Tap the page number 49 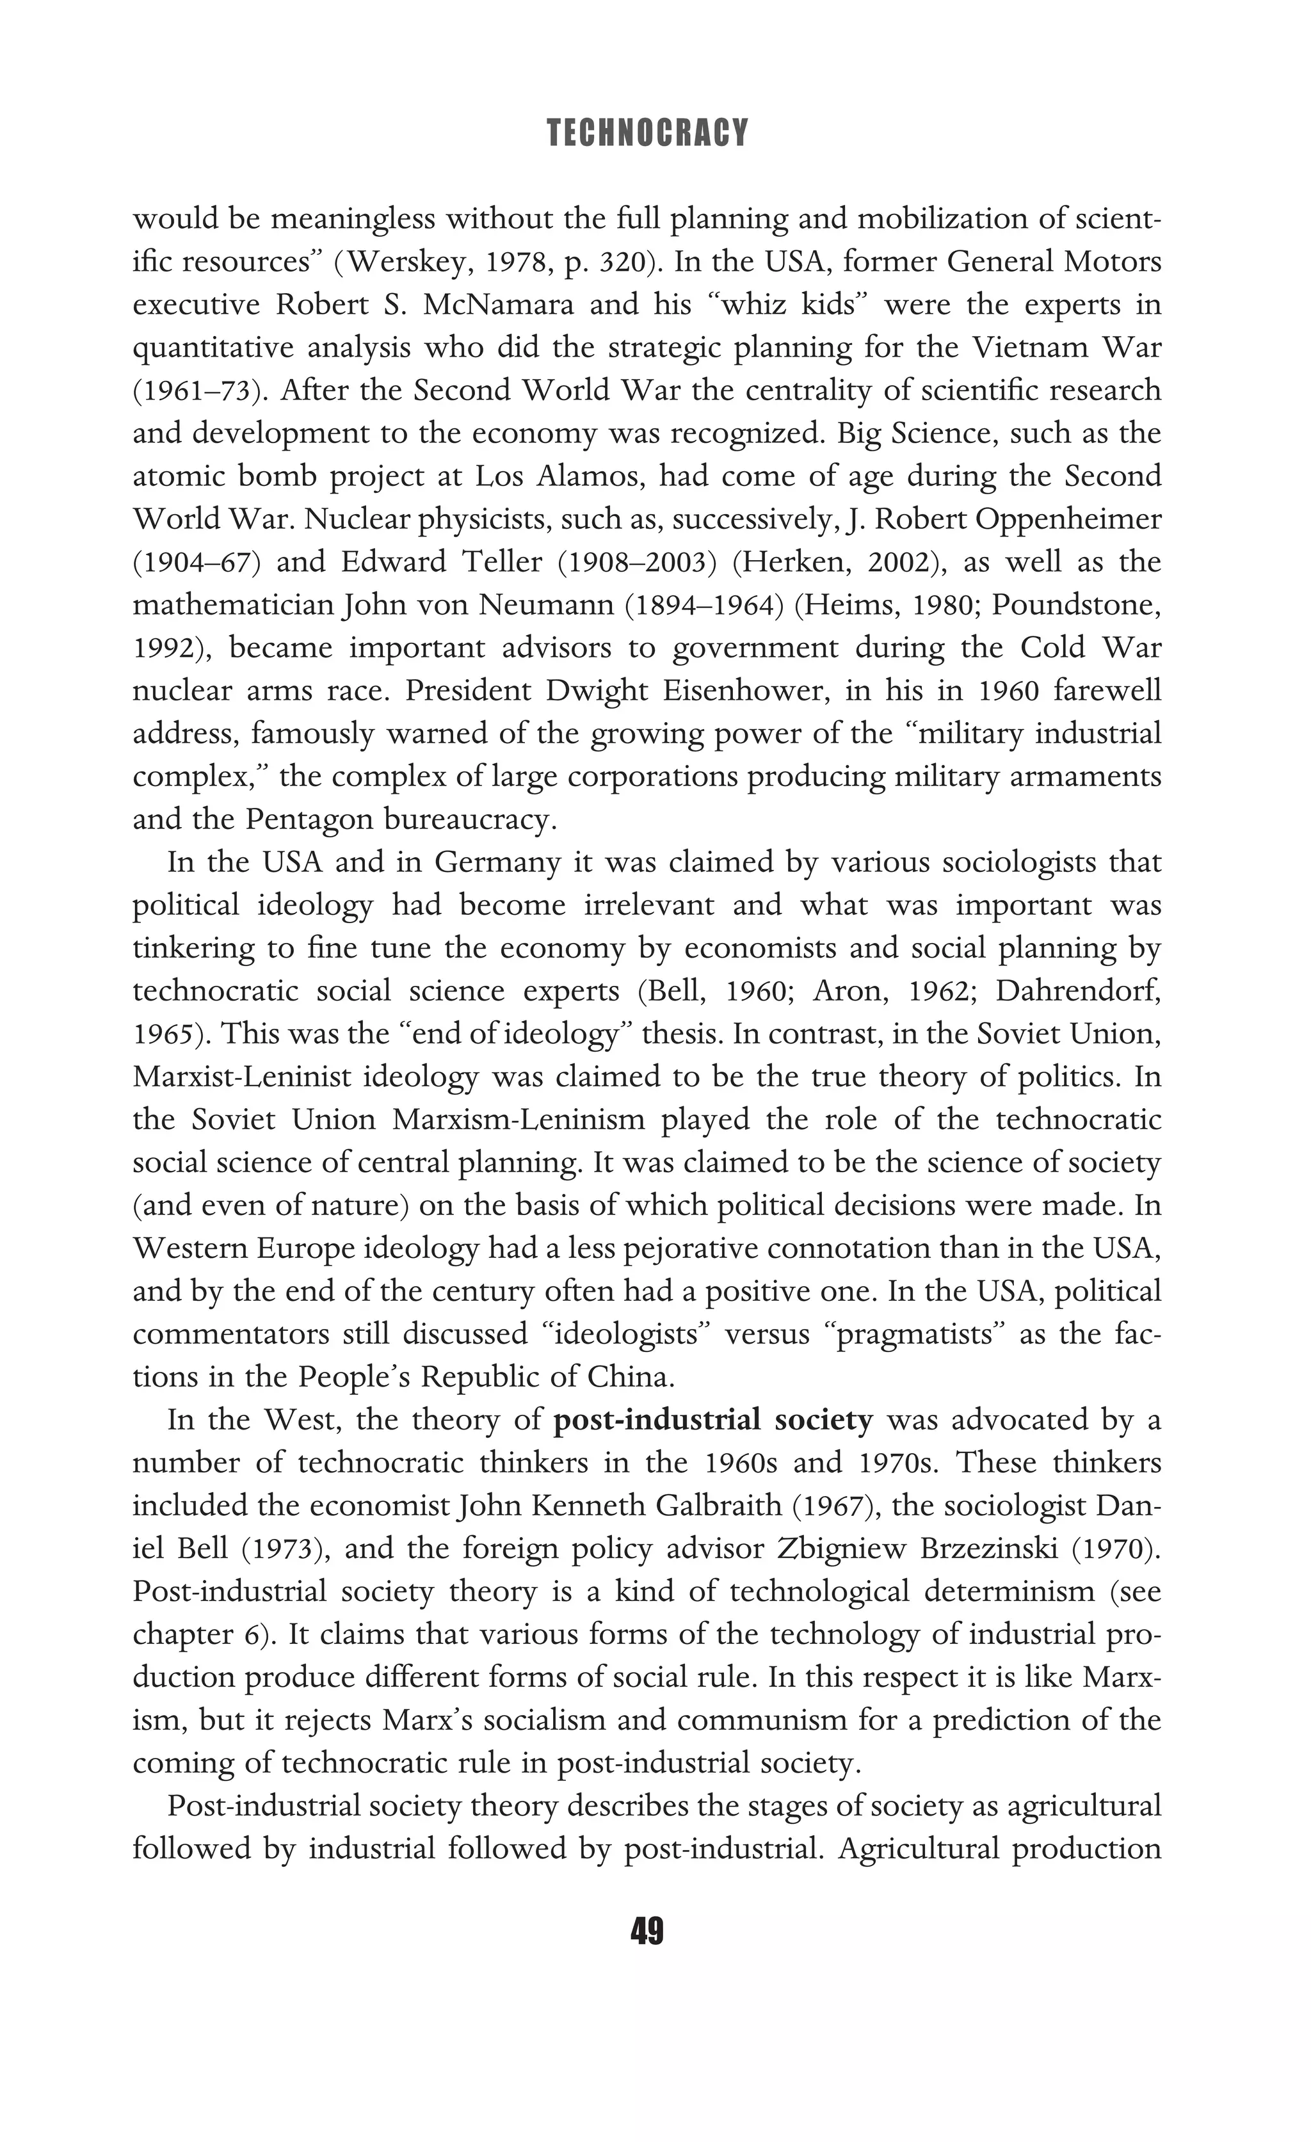coord(647,1931)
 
